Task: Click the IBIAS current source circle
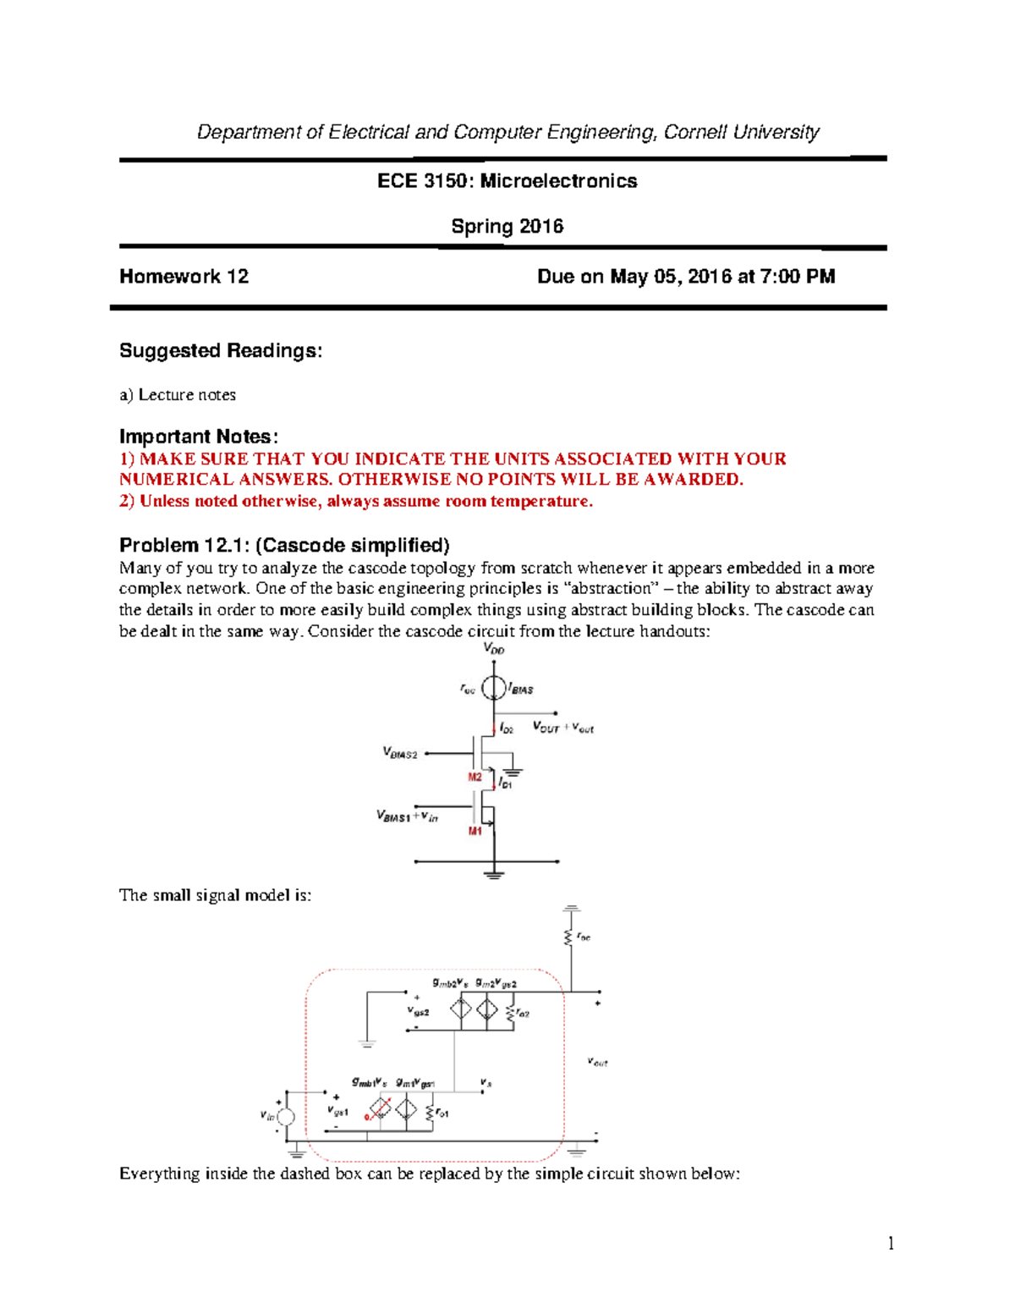494,688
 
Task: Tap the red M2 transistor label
475,777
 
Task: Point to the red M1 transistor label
475,831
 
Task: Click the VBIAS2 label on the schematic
400,752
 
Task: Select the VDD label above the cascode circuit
494,649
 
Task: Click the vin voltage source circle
287,1117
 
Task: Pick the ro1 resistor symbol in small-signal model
431,1113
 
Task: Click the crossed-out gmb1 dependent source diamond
381,1109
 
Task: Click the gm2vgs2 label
497,983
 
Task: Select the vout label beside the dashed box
598,1062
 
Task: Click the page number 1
891,1243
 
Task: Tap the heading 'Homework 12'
184,277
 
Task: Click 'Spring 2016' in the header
507,227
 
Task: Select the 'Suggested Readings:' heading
221,350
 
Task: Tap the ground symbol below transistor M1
494,874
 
